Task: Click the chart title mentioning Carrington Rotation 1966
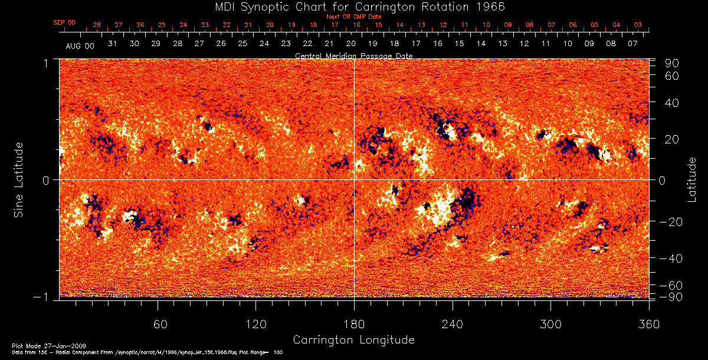click(x=353, y=6)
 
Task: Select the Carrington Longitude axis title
click(x=353, y=340)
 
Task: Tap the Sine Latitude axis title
click(x=19, y=178)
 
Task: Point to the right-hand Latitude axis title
click(x=692, y=179)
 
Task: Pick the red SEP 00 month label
click(x=64, y=22)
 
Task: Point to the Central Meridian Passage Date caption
click(x=353, y=55)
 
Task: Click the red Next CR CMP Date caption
click(x=354, y=17)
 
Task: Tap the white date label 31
click(x=113, y=44)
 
